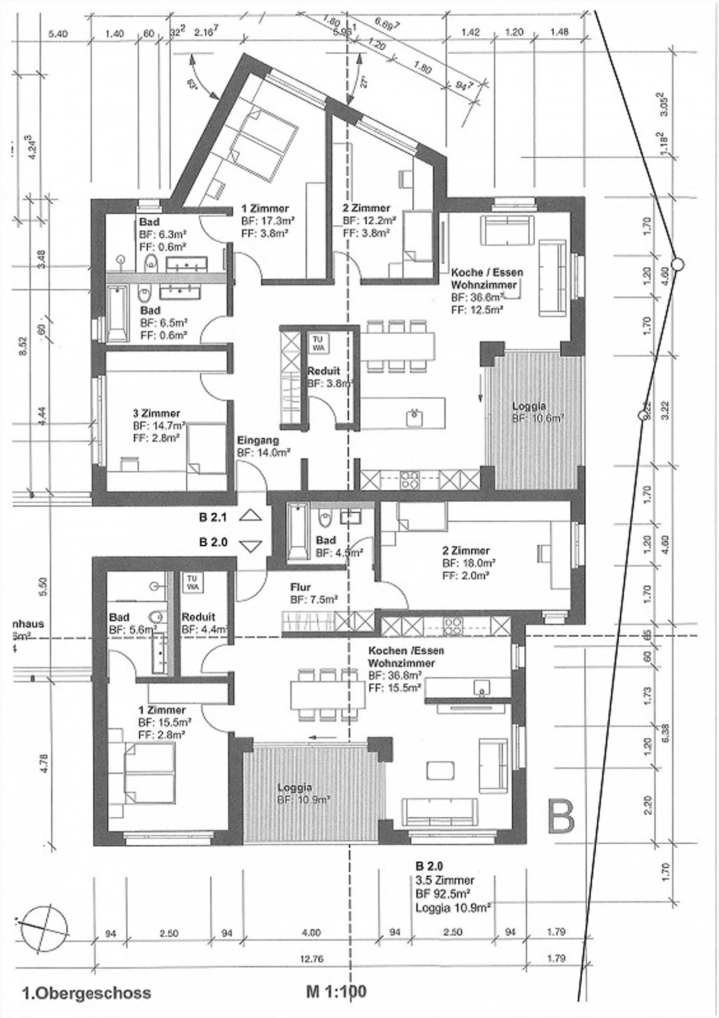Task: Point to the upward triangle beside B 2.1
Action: (250, 516)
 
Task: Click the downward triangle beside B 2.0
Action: (250, 546)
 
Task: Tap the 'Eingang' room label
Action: (258, 441)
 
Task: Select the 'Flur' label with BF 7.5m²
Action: (301, 587)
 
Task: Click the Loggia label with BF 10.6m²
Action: (529, 406)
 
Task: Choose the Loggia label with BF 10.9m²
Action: (295, 787)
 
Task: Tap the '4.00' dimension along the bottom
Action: (311, 933)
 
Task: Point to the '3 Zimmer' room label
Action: (156, 413)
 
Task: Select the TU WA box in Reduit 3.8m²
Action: (319, 342)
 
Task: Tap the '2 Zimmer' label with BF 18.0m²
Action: (465, 551)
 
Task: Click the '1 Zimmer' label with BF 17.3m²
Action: (265, 209)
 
